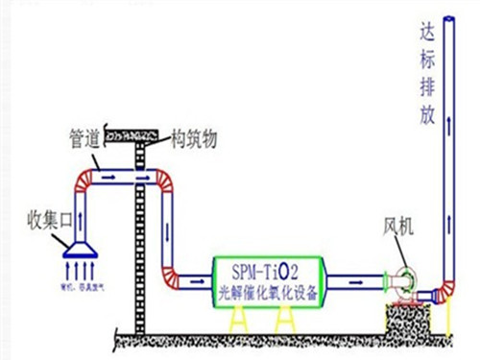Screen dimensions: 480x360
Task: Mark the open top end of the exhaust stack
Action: [446, 14]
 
